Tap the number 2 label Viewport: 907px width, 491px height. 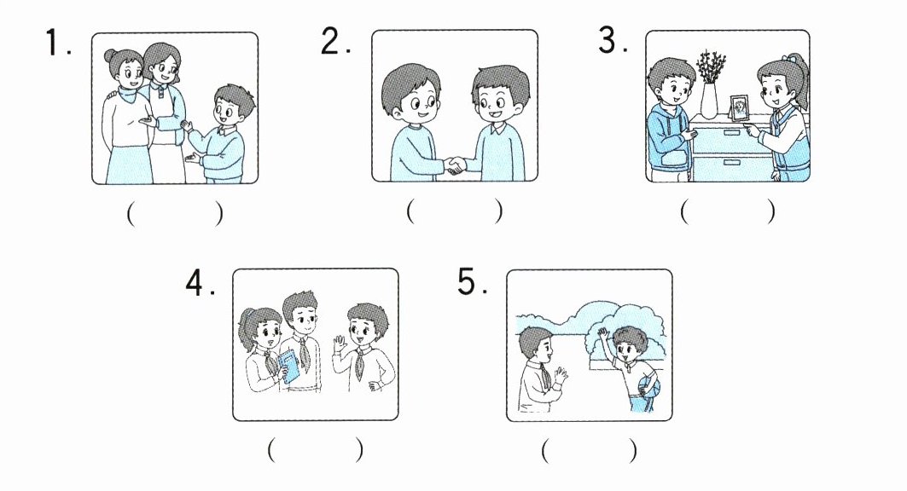(336, 41)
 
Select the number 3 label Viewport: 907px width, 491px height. (613, 40)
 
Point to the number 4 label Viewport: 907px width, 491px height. (200, 283)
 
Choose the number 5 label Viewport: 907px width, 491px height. (472, 282)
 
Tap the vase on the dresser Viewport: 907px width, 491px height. (709, 101)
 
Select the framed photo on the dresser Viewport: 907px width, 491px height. (739, 108)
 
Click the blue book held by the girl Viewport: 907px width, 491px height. (289, 367)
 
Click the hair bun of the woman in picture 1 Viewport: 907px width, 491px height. (110, 55)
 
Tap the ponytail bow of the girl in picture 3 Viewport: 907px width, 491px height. (788, 58)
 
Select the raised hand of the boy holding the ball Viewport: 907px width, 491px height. (603, 334)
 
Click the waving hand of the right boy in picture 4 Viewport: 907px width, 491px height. (340, 346)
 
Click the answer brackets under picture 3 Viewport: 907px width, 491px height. (728, 211)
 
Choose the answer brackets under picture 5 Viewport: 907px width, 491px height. (590, 450)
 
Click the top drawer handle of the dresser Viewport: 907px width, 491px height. (732, 133)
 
